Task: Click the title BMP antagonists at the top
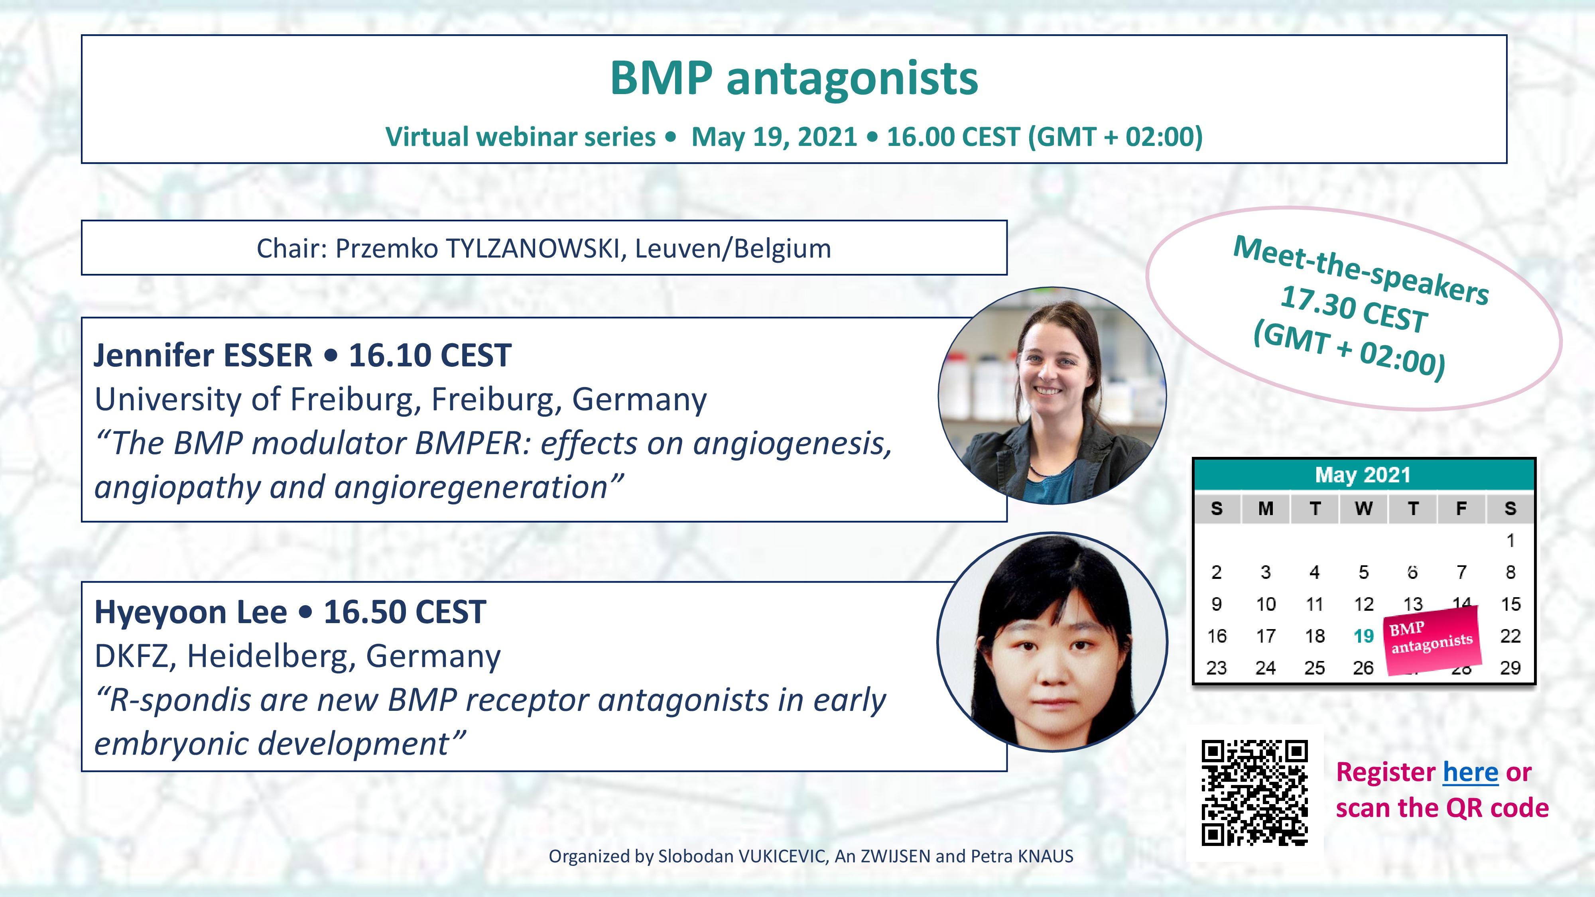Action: [x=794, y=79]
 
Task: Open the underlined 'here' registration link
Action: [x=1471, y=772]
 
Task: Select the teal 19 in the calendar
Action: [x=1363, y=636]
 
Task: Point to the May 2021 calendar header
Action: [x=1363, y=475]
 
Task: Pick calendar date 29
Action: [x=1510, y=667]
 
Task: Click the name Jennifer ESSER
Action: [x=203, y=355]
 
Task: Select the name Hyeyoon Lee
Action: [x=191, y=612]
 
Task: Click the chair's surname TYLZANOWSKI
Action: [x=532, y=249]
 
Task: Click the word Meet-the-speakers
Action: [x=1361, y=269]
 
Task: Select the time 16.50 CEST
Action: [x=404, y=612]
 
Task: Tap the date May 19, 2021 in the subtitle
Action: [x=774, y=137]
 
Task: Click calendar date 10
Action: [x=1266, y=604]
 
